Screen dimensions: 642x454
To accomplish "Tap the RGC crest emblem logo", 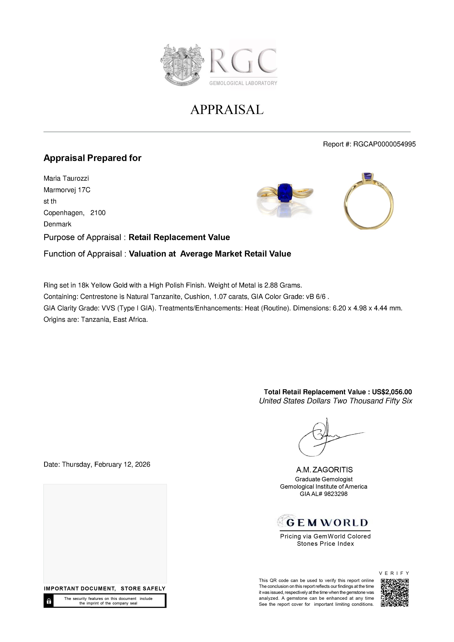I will [182, 65].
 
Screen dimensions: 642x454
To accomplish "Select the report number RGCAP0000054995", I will [384, 144].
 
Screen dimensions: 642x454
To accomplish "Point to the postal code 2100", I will [98, 213].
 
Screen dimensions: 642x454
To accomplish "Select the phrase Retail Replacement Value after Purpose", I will [179, 237].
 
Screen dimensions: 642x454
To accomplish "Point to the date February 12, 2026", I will [122, 464].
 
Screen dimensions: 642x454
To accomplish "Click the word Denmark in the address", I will [57, 224].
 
